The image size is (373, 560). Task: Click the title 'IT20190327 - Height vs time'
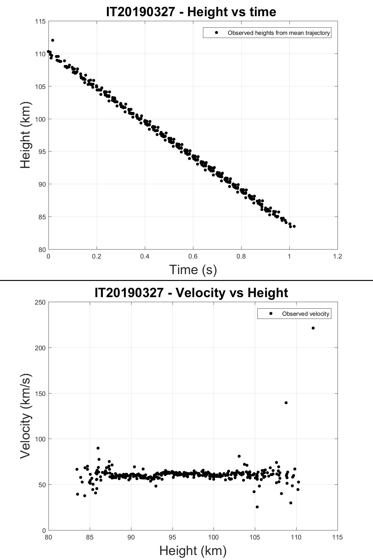(191, 12)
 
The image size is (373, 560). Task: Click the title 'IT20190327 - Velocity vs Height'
(191, 293)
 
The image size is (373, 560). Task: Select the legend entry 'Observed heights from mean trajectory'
(279, 33)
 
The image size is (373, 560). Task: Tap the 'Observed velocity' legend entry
(305, 314)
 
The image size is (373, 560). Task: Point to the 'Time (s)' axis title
(193, 269)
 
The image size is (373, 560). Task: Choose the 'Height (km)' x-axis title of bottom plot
(193, 550)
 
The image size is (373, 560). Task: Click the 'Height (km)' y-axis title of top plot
(26, 135)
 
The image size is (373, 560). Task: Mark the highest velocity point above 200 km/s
(313, 328)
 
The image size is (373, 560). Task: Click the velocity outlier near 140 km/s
(286, 403)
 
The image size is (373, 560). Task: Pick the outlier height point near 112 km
(53, 40)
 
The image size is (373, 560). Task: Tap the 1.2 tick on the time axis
(337, 256)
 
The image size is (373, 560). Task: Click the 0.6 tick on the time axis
(193, 256)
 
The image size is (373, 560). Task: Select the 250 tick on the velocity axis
(40, 302)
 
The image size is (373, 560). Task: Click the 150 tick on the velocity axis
(40, 394)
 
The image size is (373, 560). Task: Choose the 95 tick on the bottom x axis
(172, 537)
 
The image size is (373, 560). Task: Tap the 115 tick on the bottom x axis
(337, 537)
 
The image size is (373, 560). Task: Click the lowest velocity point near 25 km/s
(257, 507)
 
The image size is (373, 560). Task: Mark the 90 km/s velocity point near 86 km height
(98, 448)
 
